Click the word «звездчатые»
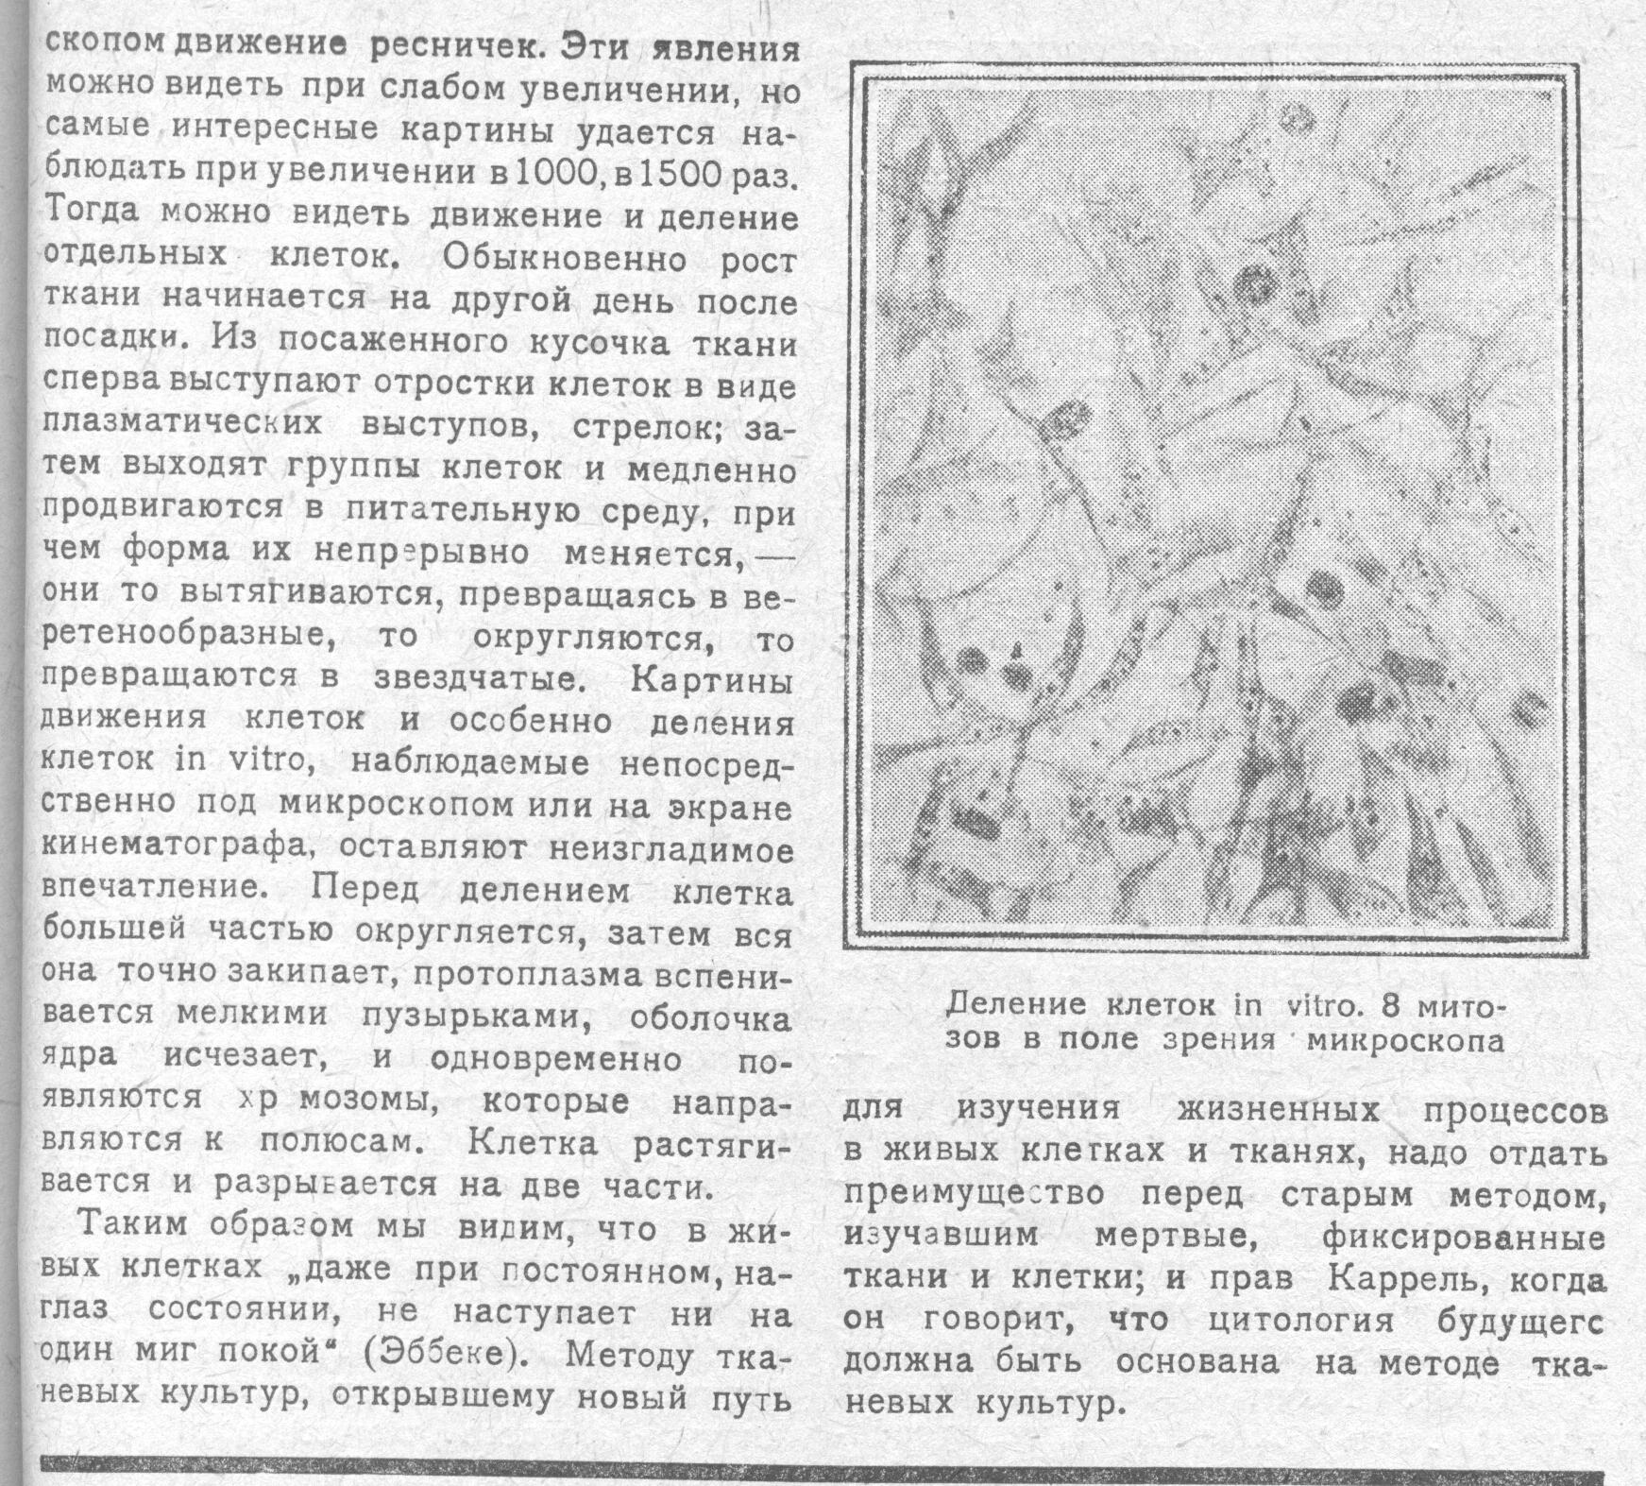(484, 679)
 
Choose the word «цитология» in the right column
(1300, 1321)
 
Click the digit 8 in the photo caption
(1391, 1005)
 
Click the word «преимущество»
(974, 1194)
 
